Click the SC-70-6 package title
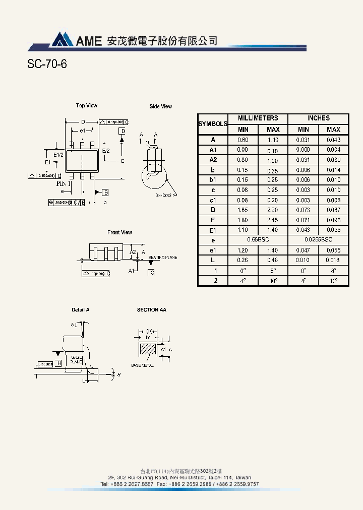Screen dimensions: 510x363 [47, 65]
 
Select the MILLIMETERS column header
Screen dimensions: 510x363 [258, 118]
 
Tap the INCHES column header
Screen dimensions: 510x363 [318, 118]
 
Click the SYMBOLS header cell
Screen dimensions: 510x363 [213, 124]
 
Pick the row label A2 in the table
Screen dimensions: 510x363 [213, 160]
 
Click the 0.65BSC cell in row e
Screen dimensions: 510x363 [258, 240]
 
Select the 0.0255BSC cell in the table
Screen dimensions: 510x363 [318, 240]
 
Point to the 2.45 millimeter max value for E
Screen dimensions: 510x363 [273, 220]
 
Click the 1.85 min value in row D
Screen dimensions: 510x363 [243, 210]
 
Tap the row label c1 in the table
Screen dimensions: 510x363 [213, 200]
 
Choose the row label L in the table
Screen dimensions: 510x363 [213, 261]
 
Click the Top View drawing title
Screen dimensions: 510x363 [87, 106]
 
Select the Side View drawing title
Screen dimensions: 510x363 [160, 106]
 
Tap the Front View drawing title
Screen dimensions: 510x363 [119, 232]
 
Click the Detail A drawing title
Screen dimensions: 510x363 [80, 310]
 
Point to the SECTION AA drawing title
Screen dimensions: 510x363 [151, 310]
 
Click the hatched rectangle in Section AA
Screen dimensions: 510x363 [149, 349]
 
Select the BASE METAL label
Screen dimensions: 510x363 [142, 365]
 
